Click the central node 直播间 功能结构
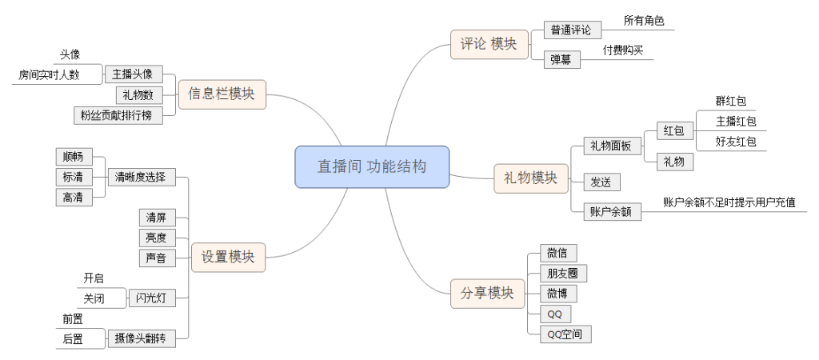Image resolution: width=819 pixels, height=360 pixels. coord(372,167)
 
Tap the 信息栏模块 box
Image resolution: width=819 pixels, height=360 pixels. coord(221,94)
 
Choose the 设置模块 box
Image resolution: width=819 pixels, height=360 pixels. coord(228,257)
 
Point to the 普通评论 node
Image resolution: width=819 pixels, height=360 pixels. coord(571,30)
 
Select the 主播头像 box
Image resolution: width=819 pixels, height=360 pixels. coord(133,74)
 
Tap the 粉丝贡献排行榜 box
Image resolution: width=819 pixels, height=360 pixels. coord(118,115)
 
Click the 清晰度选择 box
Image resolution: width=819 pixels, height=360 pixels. coord(141,178)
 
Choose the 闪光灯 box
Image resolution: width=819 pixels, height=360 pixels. coord(152,298)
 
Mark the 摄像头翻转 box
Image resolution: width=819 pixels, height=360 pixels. coord(141,338)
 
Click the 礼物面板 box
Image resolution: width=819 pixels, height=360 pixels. coord(611,146)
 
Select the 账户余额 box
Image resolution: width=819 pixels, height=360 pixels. coord(611,211)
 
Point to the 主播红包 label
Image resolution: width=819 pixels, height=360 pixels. coord(736,122)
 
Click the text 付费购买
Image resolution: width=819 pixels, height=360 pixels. coord(623,50)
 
